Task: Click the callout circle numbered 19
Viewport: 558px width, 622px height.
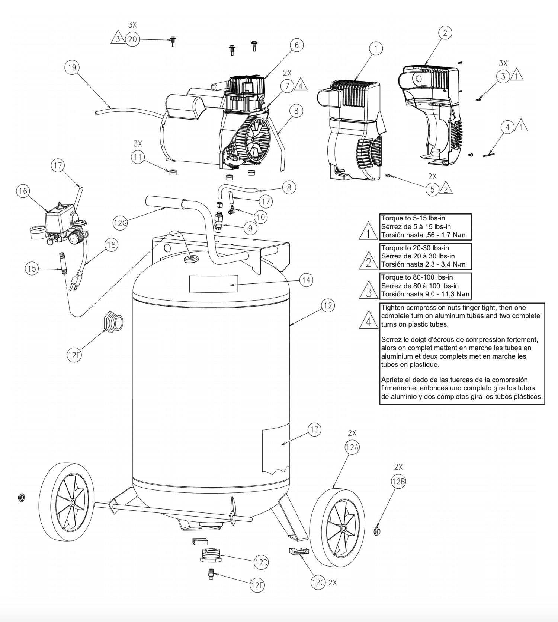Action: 72,67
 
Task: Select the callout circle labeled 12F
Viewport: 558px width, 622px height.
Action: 74,355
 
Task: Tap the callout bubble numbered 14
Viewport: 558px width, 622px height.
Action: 306,280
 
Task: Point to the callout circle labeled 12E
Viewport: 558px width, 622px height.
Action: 257,585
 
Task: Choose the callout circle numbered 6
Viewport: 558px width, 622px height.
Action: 296,45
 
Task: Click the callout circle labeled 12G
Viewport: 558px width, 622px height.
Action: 120,223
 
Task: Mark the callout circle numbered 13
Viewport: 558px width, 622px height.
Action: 314,429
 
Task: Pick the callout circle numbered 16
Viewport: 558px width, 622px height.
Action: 23,191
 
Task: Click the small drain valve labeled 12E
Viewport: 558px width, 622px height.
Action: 211,574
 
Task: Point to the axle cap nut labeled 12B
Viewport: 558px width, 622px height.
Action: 376,531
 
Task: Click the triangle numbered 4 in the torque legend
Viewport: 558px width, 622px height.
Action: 368,320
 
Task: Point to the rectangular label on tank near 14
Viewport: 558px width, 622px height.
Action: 214,284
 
